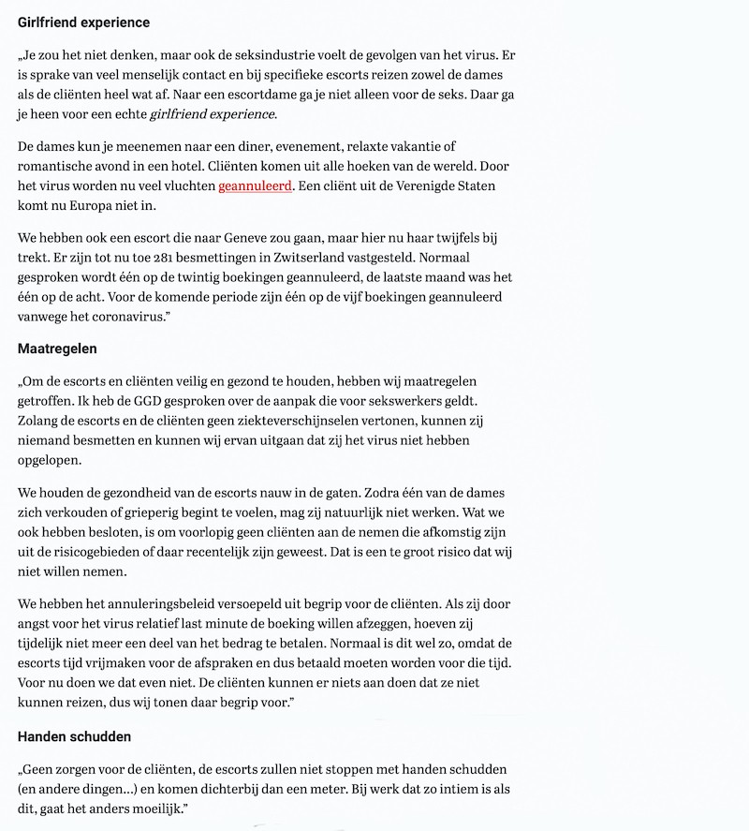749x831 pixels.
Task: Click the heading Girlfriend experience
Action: point(83,22)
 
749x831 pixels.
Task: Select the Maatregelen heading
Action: point(57,349)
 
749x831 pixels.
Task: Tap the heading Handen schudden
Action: point(74,736)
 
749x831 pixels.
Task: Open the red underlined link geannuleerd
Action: point(255,185)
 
